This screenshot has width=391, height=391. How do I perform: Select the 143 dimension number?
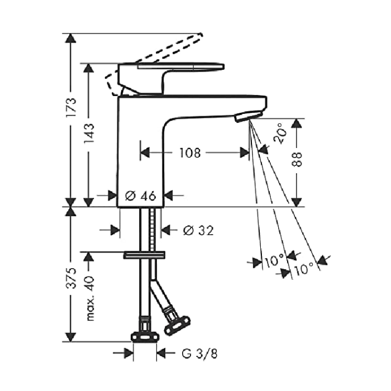(89, 133)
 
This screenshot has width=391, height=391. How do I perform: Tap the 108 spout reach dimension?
(190, 153)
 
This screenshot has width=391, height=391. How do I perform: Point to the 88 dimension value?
(297, 159)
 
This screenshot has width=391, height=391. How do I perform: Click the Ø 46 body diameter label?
(140, 195)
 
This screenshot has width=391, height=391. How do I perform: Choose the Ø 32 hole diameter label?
(198, 231)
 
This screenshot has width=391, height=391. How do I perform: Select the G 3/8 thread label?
(199, 354)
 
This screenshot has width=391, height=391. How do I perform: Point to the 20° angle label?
(280, 133)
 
